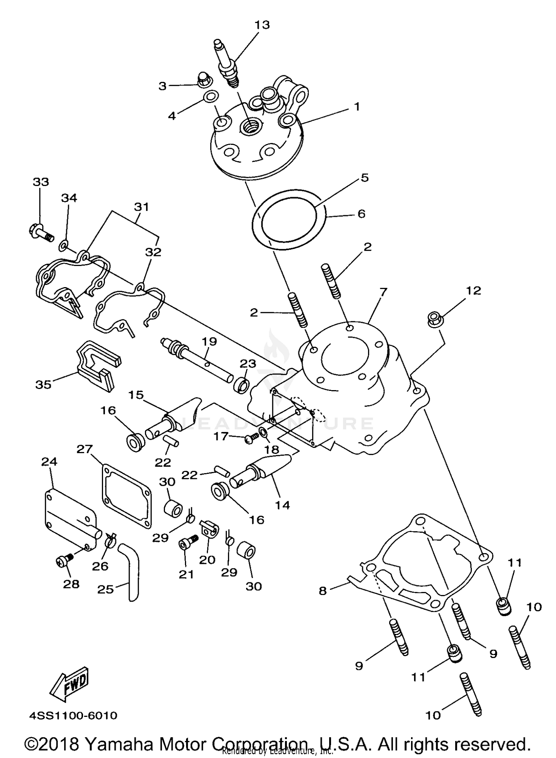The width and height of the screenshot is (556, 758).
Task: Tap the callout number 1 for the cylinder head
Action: (x=357, y=107)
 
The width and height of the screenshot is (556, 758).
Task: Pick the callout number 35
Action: (x=43, y=385)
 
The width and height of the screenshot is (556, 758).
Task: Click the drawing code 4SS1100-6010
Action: (x=73, y=715)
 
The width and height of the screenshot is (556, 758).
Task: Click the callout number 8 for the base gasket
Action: (x=322, y=591)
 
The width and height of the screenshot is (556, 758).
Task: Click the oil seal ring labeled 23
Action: (x=241, y=385)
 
